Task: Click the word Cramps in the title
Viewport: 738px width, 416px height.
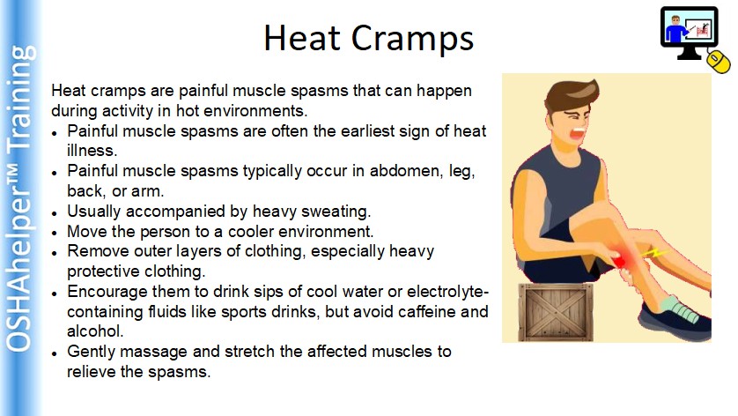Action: coord(412,40)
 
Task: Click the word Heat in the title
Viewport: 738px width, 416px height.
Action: coord(302,37)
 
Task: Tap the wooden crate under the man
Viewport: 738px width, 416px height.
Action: coord(556,312)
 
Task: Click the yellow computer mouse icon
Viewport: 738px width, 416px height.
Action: coord(719,61)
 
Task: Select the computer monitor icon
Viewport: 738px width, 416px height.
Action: coord(689,32)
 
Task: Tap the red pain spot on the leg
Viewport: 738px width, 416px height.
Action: coord(619,261)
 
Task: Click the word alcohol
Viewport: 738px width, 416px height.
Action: coord(95,331)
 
